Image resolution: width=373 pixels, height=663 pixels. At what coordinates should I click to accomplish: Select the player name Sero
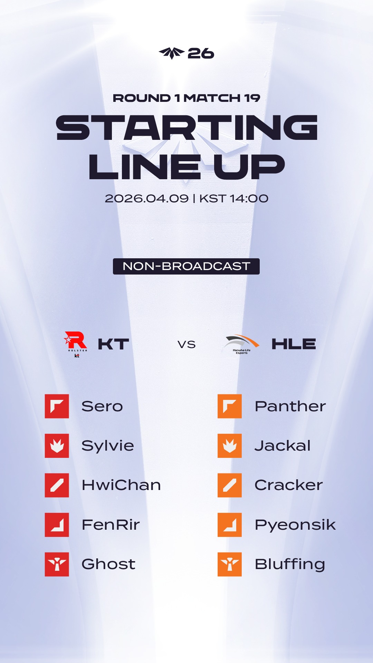tap(102, 406)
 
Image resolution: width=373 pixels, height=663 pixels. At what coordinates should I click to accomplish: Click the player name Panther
tap(290, 406)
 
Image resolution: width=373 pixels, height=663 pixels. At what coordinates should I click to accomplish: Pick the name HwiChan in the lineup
tap(121, 485)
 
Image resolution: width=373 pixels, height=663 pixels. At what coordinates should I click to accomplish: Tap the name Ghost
tap(108, 564)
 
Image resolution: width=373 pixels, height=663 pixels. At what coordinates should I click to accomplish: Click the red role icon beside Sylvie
tap(57, 446)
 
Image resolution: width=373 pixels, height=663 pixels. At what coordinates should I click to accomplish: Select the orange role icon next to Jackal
tap(230, 446)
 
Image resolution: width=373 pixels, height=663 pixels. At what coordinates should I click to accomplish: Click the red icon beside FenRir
tap(57, 525)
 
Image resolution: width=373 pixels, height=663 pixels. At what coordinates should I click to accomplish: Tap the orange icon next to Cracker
tap(230, 485)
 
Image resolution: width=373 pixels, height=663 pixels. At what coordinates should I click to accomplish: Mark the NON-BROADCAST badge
tap(186, 266)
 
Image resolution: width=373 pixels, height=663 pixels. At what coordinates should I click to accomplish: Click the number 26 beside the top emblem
tap(201, 54)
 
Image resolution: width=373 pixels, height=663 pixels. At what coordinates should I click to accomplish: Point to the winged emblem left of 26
tap(172, 53)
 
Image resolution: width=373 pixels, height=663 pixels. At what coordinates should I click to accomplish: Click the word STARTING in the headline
tap(186, 128)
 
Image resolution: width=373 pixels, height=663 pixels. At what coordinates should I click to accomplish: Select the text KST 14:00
tap(234, 199)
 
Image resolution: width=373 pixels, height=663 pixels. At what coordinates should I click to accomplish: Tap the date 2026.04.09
tap(147, 199)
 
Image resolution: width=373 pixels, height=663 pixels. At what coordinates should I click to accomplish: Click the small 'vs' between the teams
tap(186, 344)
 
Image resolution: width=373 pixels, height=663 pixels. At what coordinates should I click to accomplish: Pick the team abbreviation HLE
tap(294, 344)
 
